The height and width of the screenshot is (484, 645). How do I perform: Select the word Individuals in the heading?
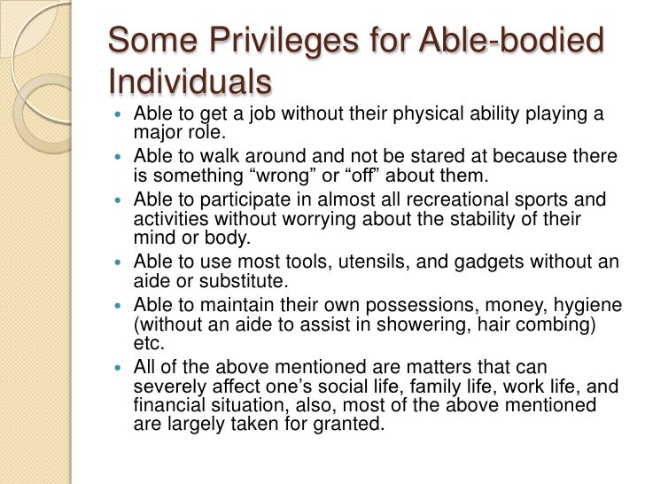189,82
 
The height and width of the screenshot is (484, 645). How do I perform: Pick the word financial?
167,405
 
